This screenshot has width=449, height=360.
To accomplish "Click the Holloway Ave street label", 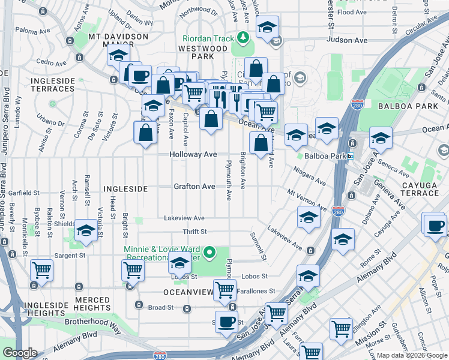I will point(195,154).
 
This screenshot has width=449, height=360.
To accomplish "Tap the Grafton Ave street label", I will point(194,187).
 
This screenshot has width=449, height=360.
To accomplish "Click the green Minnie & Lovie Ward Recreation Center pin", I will point(209,253).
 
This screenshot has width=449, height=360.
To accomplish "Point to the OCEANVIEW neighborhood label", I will point(188,292).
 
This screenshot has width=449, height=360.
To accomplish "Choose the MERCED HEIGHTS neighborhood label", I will point(92,304).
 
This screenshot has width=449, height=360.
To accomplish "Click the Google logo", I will point(20,353).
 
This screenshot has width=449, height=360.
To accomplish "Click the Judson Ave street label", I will point(346,40).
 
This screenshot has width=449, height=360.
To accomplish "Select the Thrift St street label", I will point(195,232).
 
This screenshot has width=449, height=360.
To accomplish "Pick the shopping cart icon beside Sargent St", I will point(42,271).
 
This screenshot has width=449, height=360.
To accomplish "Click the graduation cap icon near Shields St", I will point(86,231).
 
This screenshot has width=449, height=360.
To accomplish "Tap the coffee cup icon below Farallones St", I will point(227,322).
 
